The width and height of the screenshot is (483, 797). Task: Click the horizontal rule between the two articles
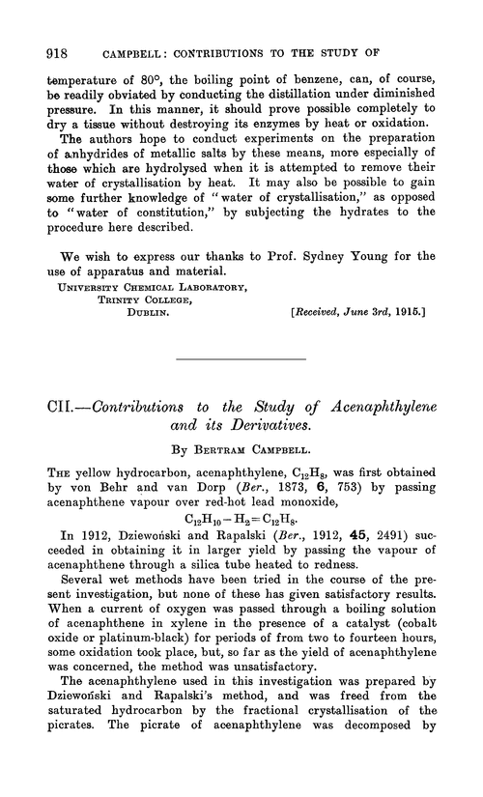point(241,333)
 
